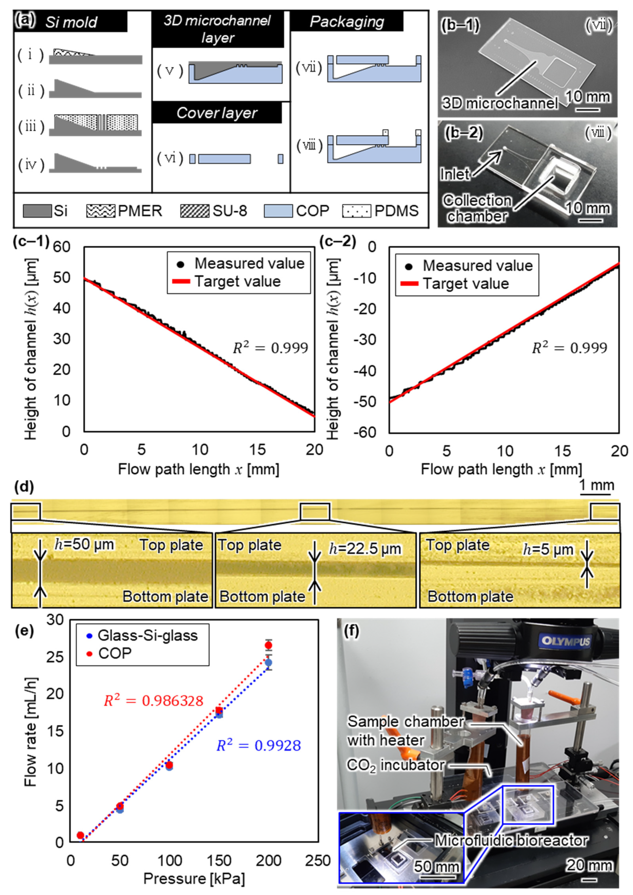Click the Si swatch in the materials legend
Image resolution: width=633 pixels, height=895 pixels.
click(37, 211)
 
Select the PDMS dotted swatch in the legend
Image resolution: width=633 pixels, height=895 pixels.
click(356, 211)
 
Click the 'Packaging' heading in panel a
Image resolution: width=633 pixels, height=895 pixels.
click(347, 22)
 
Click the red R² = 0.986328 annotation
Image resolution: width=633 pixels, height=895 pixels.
click(153, 701)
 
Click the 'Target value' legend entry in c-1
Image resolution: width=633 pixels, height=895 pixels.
click(237, 281)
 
